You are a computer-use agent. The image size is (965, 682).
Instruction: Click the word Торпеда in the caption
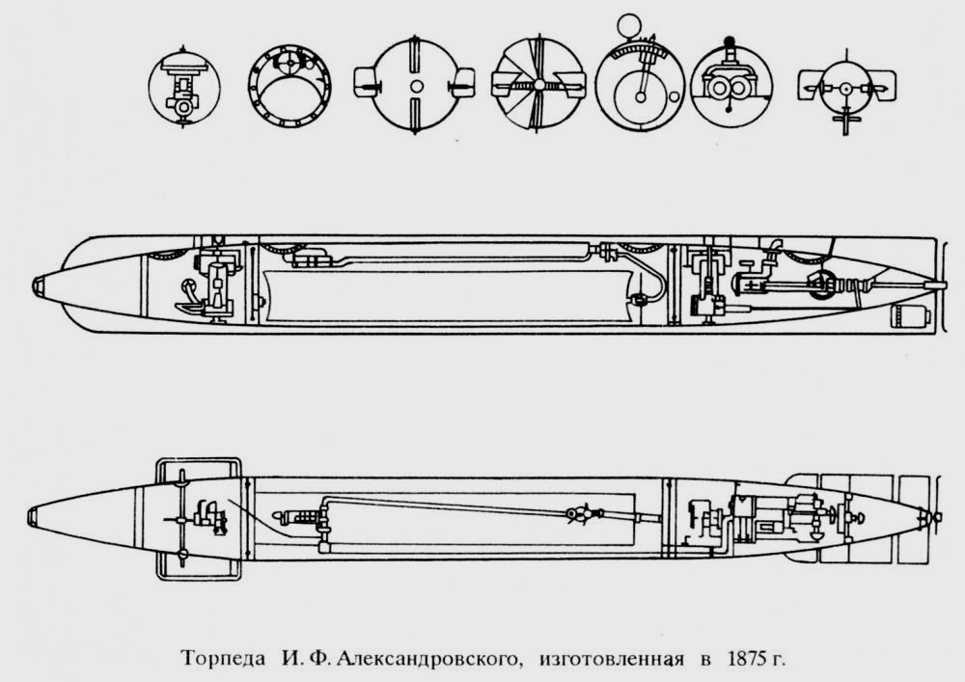(x=219, y=660)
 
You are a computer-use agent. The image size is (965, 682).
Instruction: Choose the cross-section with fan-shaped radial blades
(x=536, y=88)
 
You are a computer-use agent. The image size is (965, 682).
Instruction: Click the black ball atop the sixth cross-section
(x=730, y=43)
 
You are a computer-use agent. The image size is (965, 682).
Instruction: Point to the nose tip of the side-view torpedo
(x=37, y=285)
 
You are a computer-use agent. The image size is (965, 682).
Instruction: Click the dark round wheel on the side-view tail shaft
(x=822, y=285)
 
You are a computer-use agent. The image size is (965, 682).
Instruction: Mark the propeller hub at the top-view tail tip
(x=932, y=517)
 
